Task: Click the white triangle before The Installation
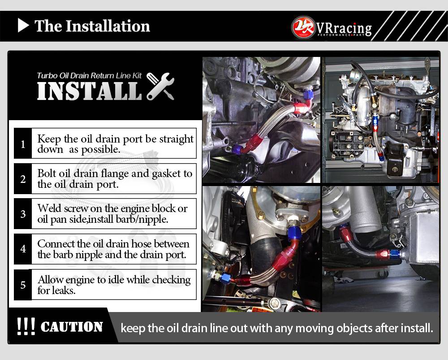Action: pos(23,26)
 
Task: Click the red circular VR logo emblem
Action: pos(303,27)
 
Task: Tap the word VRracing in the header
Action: pos(344,28)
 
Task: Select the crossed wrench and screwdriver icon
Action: pos(160,86)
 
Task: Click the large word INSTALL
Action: pos(90,91)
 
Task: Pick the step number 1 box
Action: pos(23,143)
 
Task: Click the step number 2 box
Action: pos(23,179)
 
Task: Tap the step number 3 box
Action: pos(23,214)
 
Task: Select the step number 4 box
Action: pos(23,249)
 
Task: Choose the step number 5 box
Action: pos(23,285)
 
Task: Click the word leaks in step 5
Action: pos(64,291)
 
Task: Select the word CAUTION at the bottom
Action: pos(71,327)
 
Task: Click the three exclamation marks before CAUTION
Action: pos(26,326)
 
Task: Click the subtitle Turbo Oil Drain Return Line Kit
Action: pos(89,76)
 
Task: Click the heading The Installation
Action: pos(92,26)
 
